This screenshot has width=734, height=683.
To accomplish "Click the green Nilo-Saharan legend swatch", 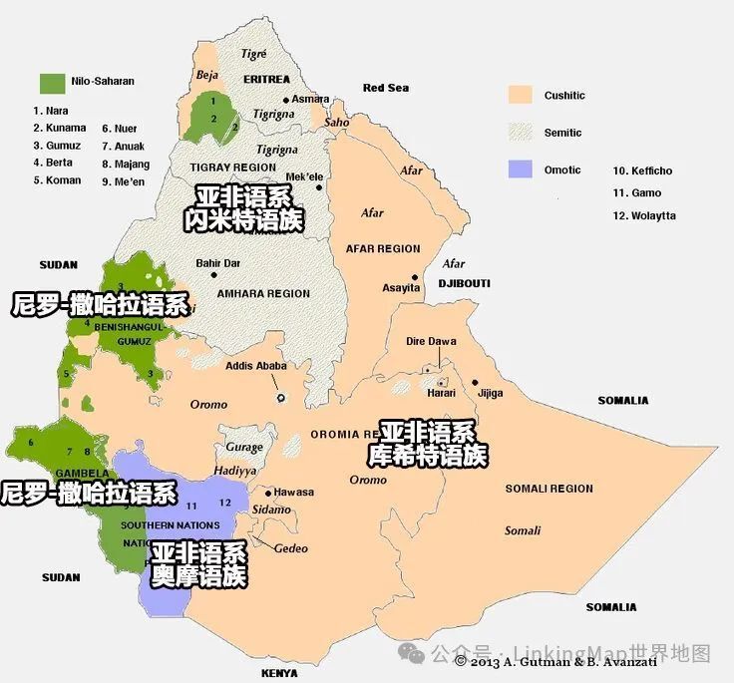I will (52, 81).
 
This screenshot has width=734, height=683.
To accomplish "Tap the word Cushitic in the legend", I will (564, 96).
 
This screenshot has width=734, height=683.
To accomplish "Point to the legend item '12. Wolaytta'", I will (643, 215).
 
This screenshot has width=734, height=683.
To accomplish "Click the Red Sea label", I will (386, 88).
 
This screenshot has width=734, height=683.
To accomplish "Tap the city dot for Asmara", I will (287, 100).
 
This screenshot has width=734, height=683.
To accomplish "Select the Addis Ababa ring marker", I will (281, 398).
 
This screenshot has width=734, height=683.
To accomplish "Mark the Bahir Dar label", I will (219, 263).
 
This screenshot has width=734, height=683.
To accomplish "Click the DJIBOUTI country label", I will (464, 283).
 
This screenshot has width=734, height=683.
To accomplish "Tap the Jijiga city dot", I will (476, 382).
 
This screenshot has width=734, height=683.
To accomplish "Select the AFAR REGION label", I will (383, 248).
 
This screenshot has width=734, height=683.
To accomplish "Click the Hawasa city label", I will (294, 492).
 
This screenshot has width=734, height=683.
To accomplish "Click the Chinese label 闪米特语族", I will (244, 220).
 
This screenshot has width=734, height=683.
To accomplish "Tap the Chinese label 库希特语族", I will (428, 457).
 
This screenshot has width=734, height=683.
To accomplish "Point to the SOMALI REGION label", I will (549, 489).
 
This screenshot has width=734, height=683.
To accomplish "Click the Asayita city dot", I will (415, 277).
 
